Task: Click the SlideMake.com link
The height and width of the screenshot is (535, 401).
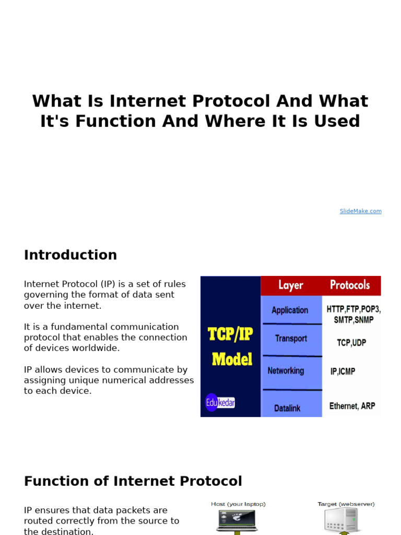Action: [360, 211]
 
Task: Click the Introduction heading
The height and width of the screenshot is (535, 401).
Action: [70, 255]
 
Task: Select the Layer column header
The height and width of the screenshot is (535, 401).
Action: [291, 285]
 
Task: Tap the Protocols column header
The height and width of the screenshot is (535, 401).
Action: [350, 285]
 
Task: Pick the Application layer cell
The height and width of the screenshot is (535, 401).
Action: [290, 310]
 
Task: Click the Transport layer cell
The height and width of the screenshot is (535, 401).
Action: [291, 339]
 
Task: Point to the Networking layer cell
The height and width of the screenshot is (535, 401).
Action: [286, 371]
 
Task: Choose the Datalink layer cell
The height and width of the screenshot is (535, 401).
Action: [287, 408]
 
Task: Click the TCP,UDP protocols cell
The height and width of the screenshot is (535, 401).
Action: [351, 343]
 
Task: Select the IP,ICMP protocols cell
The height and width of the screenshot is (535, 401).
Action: [343, 371]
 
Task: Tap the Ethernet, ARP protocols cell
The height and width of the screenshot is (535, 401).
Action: [352, 406]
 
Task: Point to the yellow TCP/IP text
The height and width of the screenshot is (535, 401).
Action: [230, 334]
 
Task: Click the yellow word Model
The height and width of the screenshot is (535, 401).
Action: [232, 359]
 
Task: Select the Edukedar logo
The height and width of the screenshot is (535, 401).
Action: [219, 403]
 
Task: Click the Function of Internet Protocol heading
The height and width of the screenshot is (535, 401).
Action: [133, 481]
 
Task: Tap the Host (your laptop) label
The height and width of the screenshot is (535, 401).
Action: [238, 504]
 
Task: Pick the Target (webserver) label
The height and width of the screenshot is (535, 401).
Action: [346, 504]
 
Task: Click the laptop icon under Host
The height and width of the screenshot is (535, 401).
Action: [237, 520]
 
